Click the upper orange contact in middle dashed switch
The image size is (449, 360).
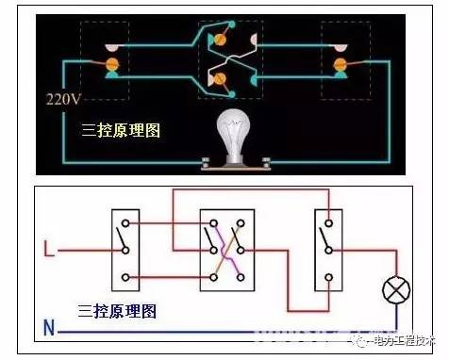click(223, 40)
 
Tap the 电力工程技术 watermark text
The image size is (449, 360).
click(399, 341)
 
